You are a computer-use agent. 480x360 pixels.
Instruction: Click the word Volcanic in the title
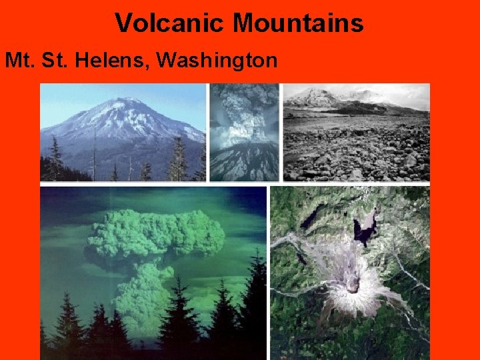[x=171, y=23]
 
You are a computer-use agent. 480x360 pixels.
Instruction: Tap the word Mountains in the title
[x=298, y=23]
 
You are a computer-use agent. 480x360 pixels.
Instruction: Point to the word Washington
[x=217, y=61]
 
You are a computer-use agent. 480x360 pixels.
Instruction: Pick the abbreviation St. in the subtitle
[x=57, y=61]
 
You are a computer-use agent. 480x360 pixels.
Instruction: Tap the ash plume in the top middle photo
[x=244, y=110]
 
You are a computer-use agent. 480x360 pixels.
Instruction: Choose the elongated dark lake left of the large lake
[x=311, y=218]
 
